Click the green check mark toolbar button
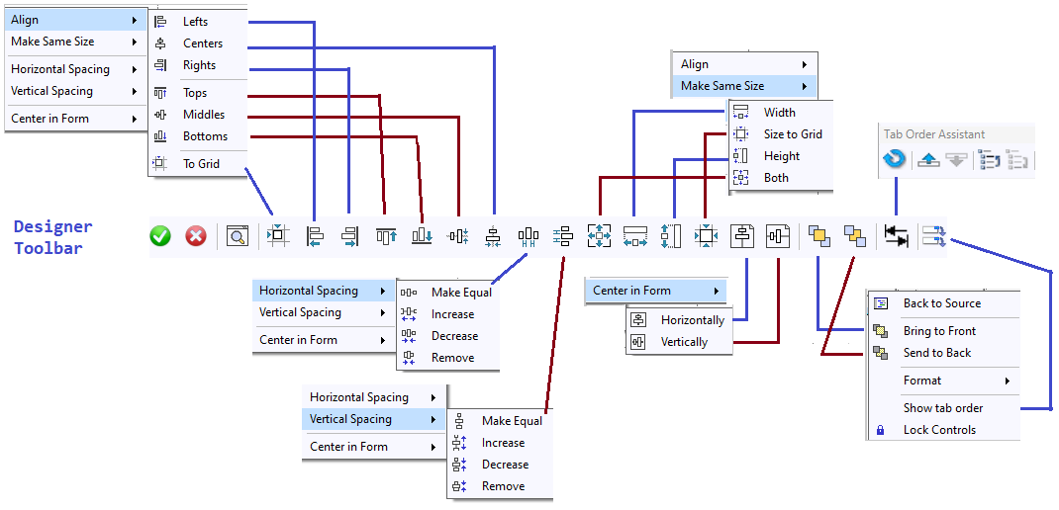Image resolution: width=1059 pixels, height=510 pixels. point(160,236)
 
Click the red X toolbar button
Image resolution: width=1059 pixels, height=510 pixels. point(196,236)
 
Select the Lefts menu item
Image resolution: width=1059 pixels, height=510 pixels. point(195,22)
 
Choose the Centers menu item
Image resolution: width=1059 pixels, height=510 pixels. point(202,43)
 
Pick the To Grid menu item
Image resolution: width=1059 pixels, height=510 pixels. point(201,164)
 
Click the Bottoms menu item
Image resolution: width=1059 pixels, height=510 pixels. point(205,136)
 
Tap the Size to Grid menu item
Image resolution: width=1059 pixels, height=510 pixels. point(792,134)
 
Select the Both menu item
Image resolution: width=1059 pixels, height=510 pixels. point(776,178)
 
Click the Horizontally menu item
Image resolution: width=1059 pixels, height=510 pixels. point(692,320)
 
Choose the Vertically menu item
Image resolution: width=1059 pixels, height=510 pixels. point(684,342)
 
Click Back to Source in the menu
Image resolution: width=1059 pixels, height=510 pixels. point(941,303)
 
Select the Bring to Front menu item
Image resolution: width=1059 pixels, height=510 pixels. point(939,331)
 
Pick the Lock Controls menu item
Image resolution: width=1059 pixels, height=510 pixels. point(939,430)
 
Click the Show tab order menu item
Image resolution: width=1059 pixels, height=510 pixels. point(942,408)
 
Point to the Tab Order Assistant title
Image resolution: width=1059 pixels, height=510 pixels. point(933,134)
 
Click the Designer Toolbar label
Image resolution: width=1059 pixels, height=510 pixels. point(52,237)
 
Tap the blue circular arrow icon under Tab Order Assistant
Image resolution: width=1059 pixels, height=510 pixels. point(895,159)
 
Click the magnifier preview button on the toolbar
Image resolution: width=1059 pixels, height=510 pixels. point(237,236)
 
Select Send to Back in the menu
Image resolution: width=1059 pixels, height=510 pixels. point(936,353)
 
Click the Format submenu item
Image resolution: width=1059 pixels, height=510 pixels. point(922,381)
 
